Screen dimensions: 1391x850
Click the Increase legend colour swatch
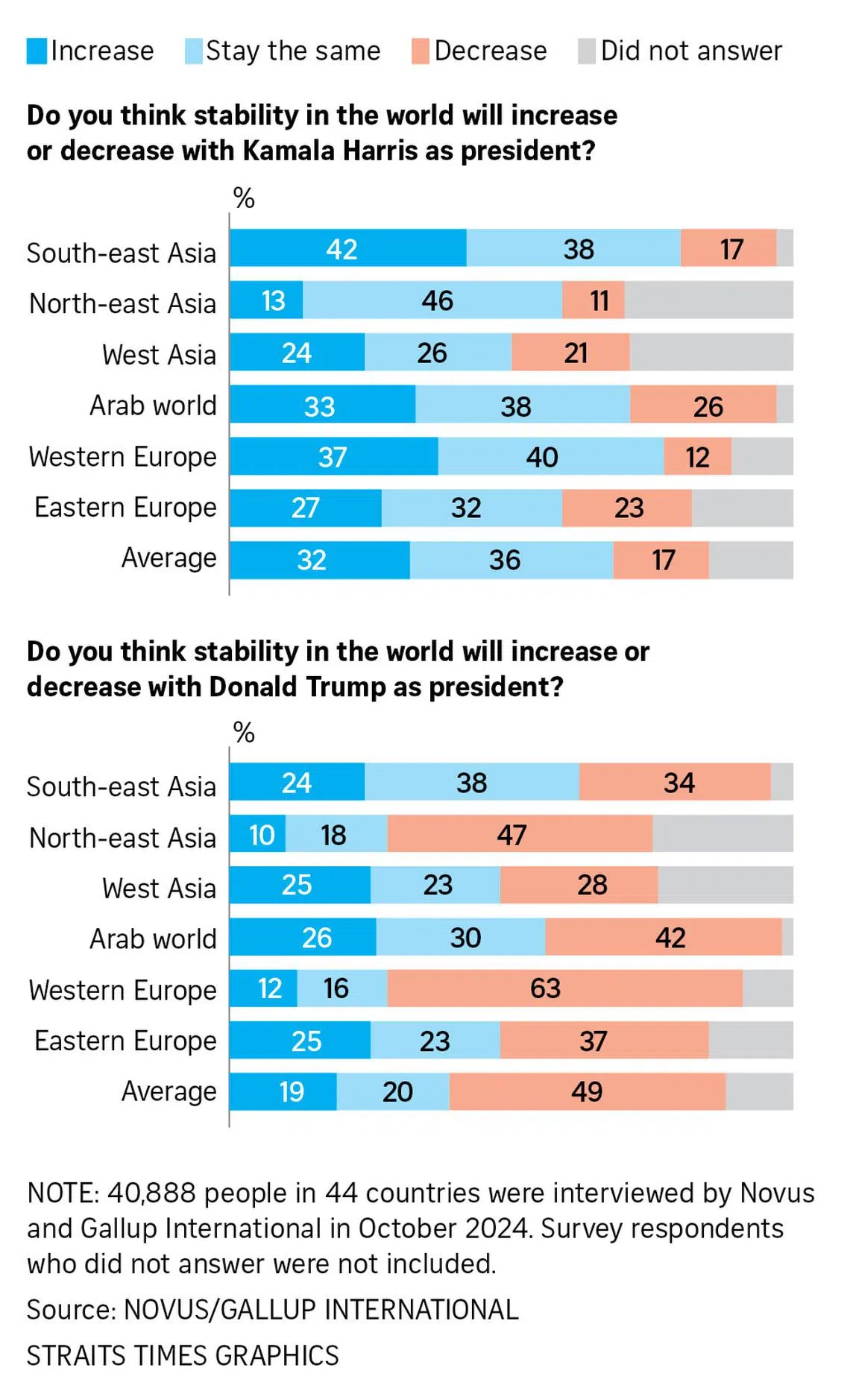tap(37, 51)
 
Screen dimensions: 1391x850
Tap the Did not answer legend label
tap(691, 51)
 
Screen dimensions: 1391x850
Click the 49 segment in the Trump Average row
tap(587, 1091)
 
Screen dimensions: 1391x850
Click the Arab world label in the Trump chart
tap(153, 939)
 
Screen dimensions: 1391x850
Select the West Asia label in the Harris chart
tap(159, 354)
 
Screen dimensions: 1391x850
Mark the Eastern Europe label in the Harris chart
tap(125, 507)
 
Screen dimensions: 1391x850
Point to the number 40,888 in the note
tap(151, 1193)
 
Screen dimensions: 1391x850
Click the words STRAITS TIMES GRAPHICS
tap(183, 1355)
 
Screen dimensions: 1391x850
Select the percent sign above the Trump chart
tap(244, 733)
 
